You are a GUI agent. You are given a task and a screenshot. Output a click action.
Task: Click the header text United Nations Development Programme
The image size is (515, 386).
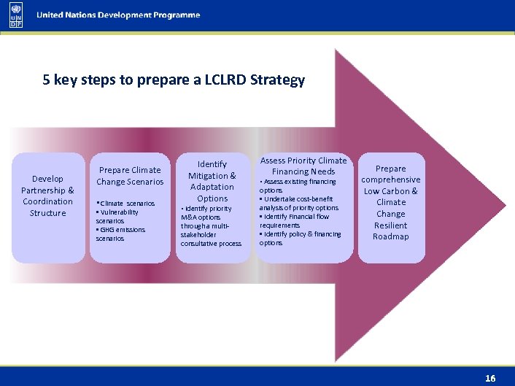point(118,15)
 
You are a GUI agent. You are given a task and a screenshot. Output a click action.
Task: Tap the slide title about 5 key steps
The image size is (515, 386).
point(174,80)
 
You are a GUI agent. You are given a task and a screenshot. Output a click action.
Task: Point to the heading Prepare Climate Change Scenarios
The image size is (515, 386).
point(130,176)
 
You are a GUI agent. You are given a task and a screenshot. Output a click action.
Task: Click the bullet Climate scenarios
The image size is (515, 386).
point(126,203)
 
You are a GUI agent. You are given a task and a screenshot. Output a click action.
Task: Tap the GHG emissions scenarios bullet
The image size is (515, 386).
point(120,233)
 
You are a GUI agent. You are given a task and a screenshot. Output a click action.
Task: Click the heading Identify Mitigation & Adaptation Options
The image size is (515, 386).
point(212,181)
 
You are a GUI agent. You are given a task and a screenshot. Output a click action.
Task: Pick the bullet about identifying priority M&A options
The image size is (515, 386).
point(210,225)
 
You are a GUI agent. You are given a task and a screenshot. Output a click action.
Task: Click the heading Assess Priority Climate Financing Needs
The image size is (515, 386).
point(303,166)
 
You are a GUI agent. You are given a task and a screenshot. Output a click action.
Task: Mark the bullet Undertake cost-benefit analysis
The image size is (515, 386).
point(299,203)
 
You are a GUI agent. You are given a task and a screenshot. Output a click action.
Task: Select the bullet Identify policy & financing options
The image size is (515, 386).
point(300,238)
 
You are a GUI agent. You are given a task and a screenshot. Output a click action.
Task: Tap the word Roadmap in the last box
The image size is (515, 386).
point(391,236)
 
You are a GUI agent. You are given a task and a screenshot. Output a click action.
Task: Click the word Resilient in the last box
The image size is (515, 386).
point(391,225)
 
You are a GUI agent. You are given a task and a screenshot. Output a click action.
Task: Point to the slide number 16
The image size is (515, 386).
point(490,378)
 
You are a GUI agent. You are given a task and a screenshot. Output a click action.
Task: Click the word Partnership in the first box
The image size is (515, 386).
point(47,190)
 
